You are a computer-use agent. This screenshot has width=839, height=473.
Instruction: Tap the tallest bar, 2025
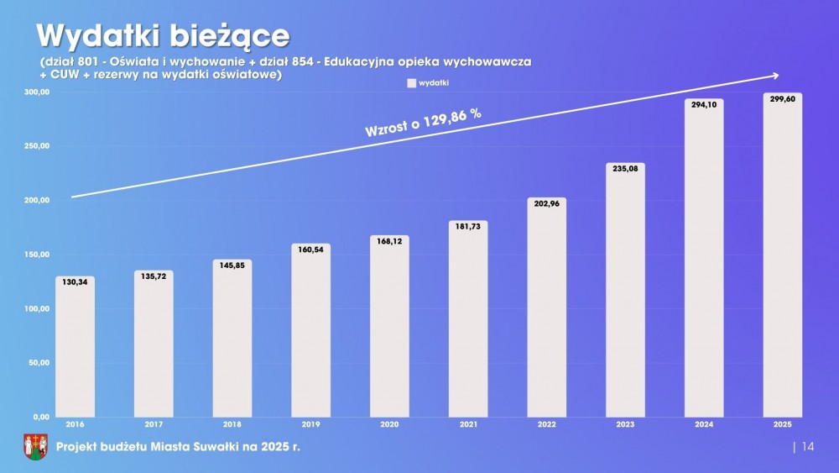coord(782,255)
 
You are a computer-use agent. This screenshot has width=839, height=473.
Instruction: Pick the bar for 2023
coord(625,290)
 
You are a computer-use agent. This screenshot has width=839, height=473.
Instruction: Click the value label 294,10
coord(704,105)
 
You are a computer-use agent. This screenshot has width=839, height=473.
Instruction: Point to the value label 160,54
coord(311,250)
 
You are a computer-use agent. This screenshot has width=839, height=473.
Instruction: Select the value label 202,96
coord(547,203)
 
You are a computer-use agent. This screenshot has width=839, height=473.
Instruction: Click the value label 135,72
coord(154,276)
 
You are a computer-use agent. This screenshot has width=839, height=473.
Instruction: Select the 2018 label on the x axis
coord(232,426)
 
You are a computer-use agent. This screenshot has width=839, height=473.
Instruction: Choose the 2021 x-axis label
coord(468,426)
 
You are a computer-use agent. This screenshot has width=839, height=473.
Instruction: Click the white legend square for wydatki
coord(411,83)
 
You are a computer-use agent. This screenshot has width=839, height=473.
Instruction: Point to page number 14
coord(808,447)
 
